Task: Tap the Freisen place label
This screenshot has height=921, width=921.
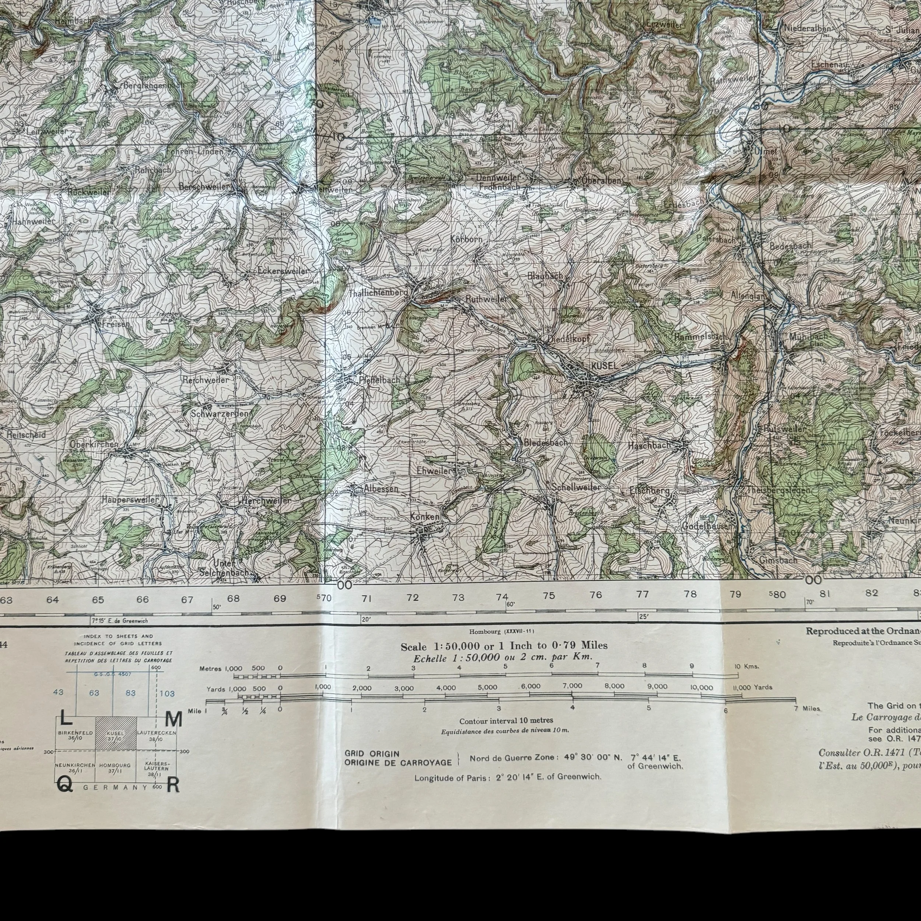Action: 116,324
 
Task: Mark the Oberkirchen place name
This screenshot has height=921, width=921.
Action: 94,444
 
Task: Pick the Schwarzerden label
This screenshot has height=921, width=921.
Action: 220,414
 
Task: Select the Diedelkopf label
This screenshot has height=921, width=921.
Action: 569,339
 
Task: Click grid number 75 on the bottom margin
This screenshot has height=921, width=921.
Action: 549,595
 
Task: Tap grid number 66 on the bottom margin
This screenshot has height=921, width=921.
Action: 143,600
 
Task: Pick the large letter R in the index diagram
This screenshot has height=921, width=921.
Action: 174,785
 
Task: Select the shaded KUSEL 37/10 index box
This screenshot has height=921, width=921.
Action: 116,735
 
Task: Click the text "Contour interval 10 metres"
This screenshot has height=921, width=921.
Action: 506,720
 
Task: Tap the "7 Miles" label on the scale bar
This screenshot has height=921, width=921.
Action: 808,708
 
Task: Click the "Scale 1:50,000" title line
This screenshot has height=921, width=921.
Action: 504,646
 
